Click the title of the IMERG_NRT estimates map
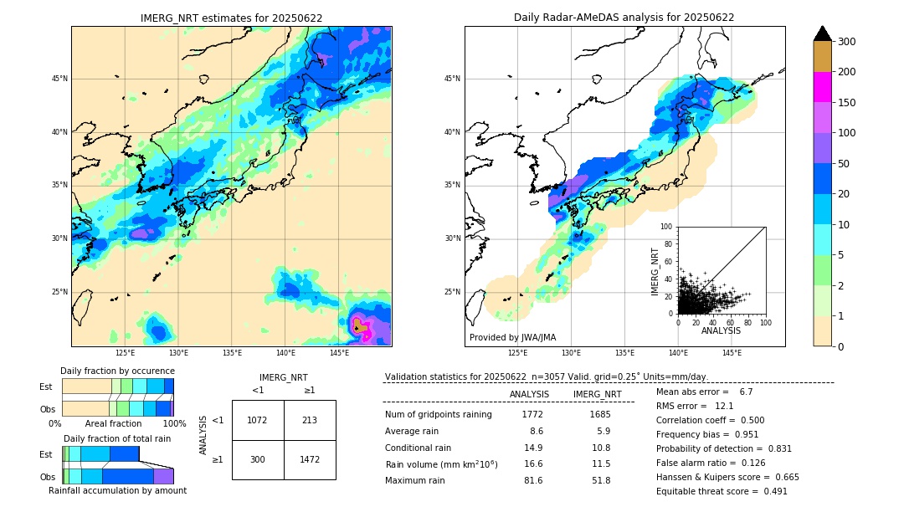[231, 18]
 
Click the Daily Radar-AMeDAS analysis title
[624, 18]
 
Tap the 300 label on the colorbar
[847, 42]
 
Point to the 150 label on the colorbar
[847, 103]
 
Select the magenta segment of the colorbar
[822, 87]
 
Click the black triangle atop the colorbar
[822, 33]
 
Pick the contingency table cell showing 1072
[257, 420]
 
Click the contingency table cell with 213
[310, 420]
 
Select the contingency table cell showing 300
[257, 460]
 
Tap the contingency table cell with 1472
[310, 460]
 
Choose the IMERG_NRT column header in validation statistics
[597, 394]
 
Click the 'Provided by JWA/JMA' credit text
[512, 337]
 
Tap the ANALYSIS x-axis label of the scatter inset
[721, 330]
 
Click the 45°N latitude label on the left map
[59, 79]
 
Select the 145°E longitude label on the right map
[732, 353]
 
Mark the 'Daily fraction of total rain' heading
[116, 438]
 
